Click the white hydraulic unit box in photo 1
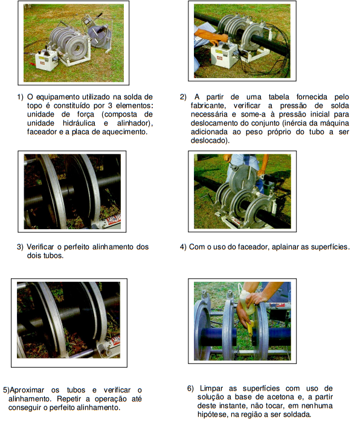click(x=47, y=60)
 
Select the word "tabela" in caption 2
click(x=278, y=97)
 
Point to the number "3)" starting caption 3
click(x=20, y=247)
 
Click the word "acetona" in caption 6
click(x=262, y=397)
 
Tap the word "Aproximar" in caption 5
click(x=27, y=390)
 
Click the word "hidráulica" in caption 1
click(x=79, y=123)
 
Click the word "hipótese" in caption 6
click(x=210, y=414)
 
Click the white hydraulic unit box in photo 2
click(x=223, y=56)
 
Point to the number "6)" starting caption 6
click(x=190, y=388)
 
